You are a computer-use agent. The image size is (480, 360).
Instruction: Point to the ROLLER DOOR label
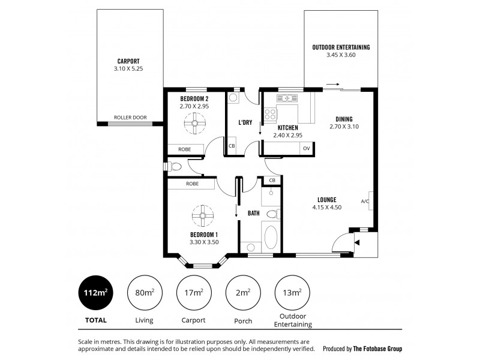(x=130, y=118)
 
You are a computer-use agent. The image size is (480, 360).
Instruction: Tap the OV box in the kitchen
(x=306, y=148)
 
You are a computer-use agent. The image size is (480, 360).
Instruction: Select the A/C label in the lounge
(x=365, y=201)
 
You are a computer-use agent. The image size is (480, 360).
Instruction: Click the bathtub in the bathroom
(x=271, y=238)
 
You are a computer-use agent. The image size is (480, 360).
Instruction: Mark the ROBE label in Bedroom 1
(x=193, y=184)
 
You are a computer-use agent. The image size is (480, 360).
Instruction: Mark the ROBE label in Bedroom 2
(x=184, y=149)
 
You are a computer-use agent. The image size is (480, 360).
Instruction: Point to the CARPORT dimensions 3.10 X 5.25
(x=128, y=69)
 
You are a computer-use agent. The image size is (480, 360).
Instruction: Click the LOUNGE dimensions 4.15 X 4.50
(x=327, y=208)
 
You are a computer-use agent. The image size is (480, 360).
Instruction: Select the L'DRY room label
(x=245, y=122)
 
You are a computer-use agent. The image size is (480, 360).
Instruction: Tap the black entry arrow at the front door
(x=357, y=242)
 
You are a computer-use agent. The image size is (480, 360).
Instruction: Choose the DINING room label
(x=344, y=119)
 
